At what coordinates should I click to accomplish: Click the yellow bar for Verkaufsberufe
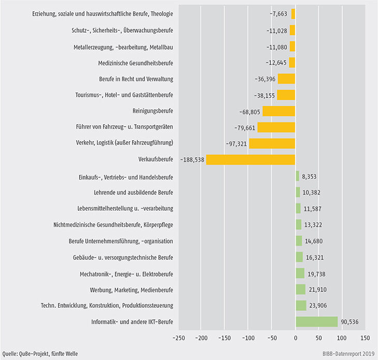point(251,160)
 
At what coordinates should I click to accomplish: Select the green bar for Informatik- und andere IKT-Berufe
point(316,322)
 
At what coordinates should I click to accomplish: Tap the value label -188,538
point(192,160)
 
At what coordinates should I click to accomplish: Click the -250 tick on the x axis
point(180,338)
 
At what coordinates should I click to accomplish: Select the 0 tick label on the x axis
point(295,338)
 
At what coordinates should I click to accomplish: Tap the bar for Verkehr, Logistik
point(272,143)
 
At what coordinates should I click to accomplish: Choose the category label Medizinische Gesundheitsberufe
point(136,63)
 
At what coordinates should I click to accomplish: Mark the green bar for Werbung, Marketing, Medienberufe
point(301,289)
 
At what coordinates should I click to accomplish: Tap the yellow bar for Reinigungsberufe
point(279,111)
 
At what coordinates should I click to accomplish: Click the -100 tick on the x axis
point(249,338)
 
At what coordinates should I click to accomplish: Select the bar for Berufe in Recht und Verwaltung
point(286,79)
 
